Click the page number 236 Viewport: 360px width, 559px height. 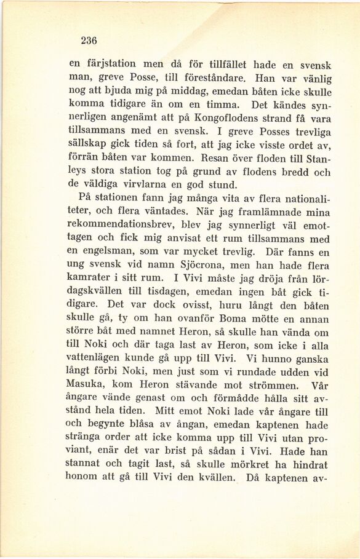coord(89,41)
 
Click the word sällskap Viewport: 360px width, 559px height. coord(90,143)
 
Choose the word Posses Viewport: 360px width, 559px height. coord(257,131)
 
